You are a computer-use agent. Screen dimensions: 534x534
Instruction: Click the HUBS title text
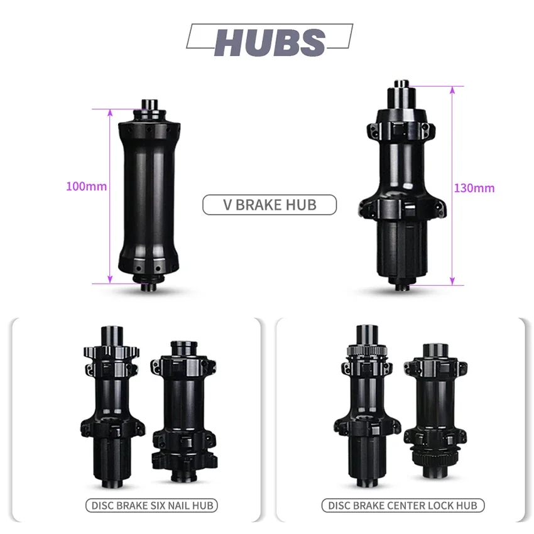tap(270, 42)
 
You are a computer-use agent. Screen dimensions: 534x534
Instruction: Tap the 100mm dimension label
tap(87, 187)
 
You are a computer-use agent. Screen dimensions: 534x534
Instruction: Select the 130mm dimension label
tap(474, 188)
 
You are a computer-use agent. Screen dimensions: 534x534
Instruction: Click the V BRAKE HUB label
tap(270, 205)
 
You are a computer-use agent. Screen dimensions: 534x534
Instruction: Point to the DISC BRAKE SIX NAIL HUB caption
tap(152, 505)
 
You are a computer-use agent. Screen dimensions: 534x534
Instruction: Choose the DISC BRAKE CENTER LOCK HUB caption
tap(403, 505)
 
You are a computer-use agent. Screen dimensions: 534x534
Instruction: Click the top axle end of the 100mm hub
tap(150, 104)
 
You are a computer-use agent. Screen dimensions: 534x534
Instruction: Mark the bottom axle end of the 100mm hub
tap(149, 286)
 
